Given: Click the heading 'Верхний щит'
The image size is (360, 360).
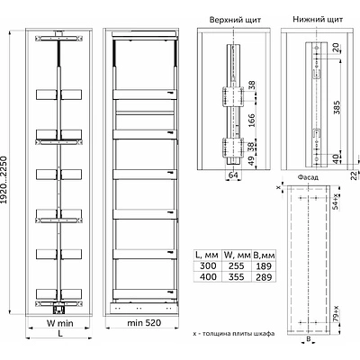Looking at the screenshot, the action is pyautogui.click(x=235, y=20).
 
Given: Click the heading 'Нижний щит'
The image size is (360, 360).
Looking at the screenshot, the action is pyautogui.click(x=318, y=20).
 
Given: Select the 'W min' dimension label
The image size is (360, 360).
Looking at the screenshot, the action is pyautogui.click(x=59, y=323).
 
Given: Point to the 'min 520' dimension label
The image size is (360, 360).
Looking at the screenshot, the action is pyautogui.click(x=144, y=323).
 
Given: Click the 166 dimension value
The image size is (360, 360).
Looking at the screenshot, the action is pyautogui.click(x=251, y=120).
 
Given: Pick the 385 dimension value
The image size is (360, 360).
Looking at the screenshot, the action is pyautogui.click(x=337, y=107).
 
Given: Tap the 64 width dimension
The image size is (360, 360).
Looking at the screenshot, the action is pyautogui.click(x=233, y=175).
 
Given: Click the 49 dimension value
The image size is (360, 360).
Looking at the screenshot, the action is pyautogui.click(x=251, y=160).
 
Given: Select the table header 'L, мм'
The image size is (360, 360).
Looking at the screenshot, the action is pyautogui.click(x=207, y=255).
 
